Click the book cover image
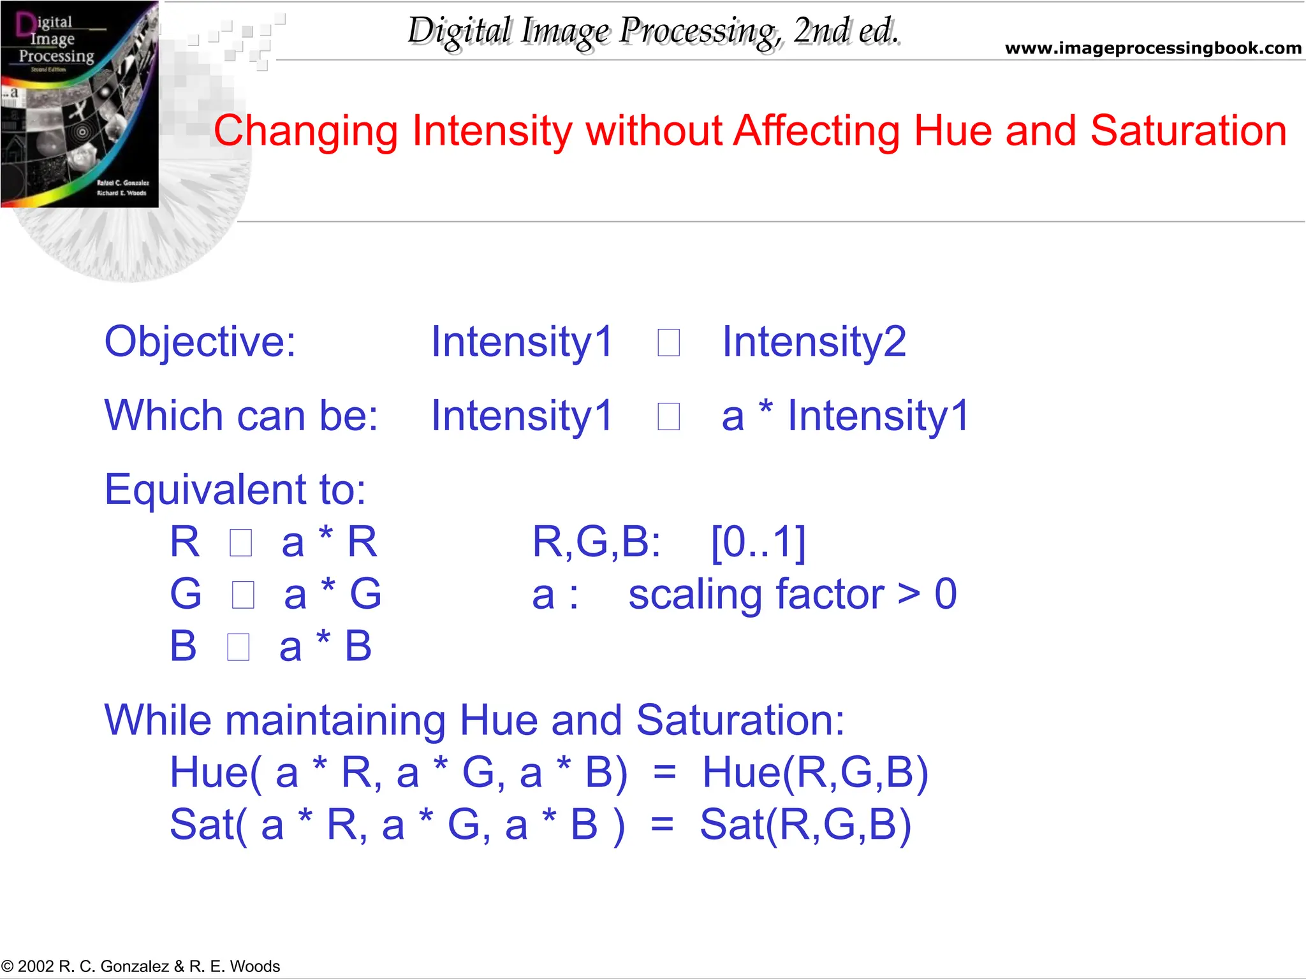(80, 104)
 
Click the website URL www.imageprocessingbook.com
(1153, 48)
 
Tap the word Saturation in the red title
(1188, 131)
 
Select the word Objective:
(200, 342)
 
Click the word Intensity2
(814, 342)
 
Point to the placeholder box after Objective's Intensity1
(668, 343)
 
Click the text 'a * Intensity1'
(845, 416)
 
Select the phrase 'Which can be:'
(241, 416)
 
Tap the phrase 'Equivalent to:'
(235, 490)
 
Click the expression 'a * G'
(332, 594)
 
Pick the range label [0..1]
(758, 542)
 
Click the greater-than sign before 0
(909, 595)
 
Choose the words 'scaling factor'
(756, 595)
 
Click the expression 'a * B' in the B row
(325, 646)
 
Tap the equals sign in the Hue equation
(664, 772)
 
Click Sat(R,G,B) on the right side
(805, 825)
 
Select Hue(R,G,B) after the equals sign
(815, 772)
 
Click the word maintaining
(335, 720)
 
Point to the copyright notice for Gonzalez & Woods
(140, 966)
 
